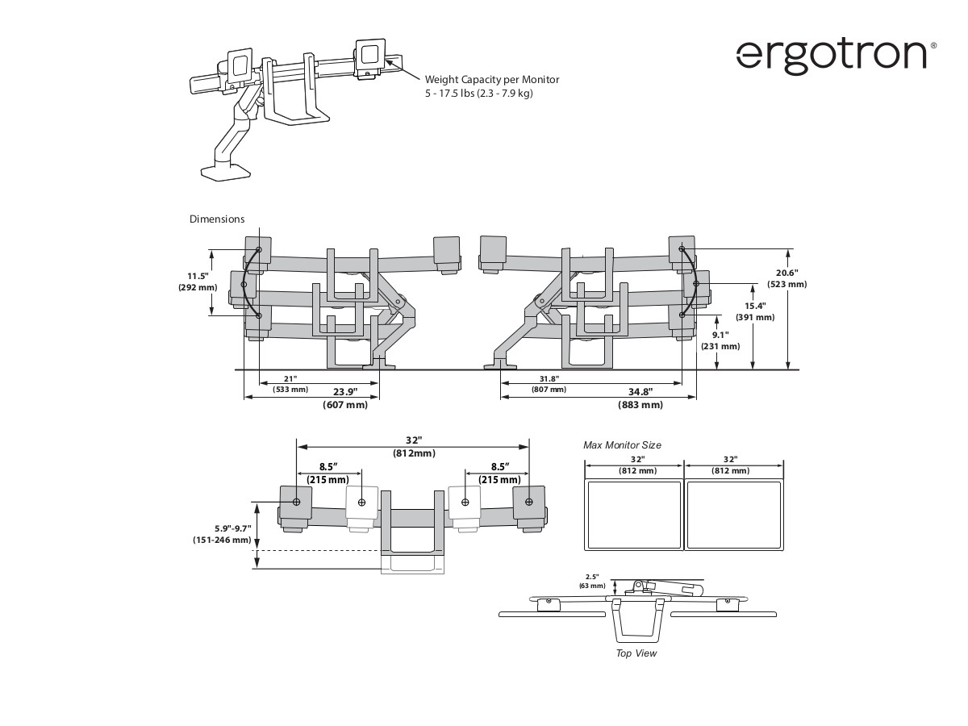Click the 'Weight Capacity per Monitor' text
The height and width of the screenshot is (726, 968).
(492, 80)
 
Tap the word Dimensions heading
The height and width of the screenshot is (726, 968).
(217, 219)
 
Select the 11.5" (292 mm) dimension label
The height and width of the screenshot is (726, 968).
(198, 282)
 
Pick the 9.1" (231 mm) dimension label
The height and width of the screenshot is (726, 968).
(720, 340)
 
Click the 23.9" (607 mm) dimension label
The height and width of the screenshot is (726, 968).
(345, 398)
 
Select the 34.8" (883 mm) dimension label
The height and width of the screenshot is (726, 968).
(640, 398)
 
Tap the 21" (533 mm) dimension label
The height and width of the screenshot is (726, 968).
(290, 384)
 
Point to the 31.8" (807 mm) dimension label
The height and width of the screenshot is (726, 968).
(549, 384)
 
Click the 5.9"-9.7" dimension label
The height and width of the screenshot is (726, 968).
(222, 534)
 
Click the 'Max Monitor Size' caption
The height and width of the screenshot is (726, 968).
(622, 445)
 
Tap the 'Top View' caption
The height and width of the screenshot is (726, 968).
(636, 653)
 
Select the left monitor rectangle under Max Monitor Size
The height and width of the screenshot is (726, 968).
(633, 515)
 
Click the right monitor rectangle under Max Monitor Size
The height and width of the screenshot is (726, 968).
(734, 515)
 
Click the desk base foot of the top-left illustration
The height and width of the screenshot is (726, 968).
(225, 172)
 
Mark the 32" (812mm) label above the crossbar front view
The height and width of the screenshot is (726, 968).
(414, 446)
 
